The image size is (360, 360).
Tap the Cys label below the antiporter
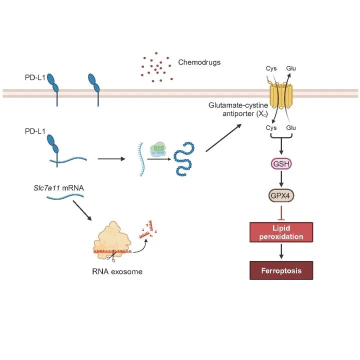point(271,128)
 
